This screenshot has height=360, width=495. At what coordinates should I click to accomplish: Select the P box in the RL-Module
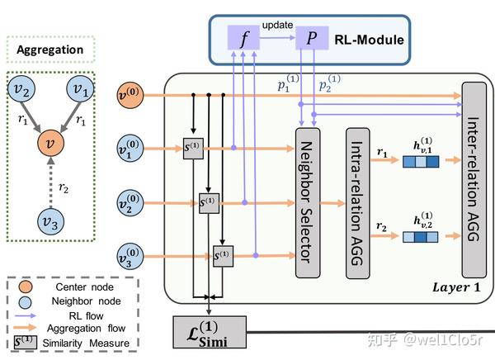(312, 38)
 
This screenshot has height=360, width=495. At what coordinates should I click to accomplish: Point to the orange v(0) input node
(131, 95)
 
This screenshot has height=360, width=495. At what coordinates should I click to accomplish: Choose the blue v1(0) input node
(131, 149)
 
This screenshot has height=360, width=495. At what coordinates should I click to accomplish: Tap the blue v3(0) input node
(131, 251)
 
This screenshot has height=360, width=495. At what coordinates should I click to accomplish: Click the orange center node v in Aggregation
(52, 144)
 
